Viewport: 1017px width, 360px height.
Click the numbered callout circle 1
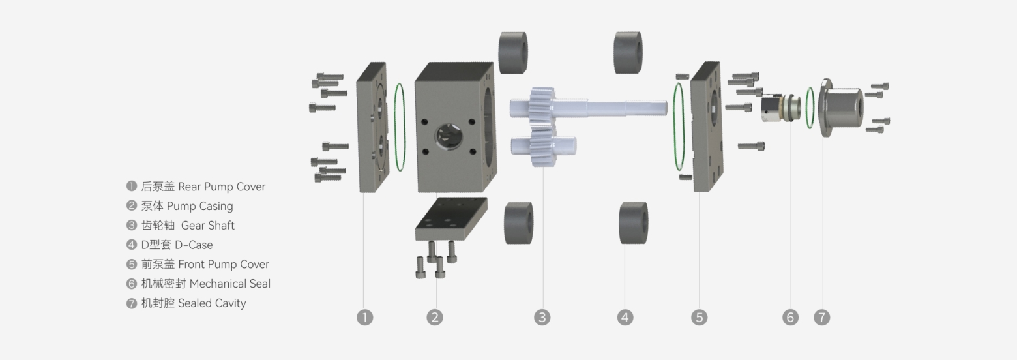coord(365,318)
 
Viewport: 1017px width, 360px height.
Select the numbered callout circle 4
coord(625,318)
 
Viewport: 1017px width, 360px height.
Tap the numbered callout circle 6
coord(790,318)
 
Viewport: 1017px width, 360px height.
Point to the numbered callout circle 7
coord(822,318)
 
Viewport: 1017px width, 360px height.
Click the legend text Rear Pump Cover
coord(222,187)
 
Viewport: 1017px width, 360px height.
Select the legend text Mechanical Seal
coord(229,284)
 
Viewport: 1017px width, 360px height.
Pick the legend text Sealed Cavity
coord(212,303)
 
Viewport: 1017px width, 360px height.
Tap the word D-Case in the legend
coord(194,245)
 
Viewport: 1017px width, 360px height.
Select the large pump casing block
coord(454,127)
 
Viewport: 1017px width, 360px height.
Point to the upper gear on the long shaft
coord(542,104)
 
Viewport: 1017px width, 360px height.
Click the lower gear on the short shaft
coord(542,146)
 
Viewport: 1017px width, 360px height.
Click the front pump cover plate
coord(706,127)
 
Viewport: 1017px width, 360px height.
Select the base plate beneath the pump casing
coord(451,219)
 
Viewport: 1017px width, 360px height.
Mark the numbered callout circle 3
coord(542,318)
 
